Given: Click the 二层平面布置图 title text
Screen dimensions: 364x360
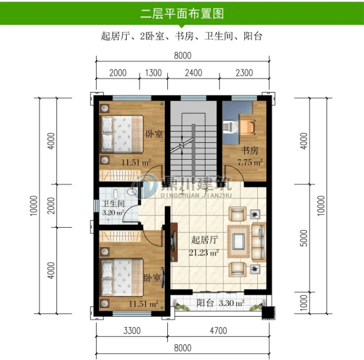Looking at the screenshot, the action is click(182, 14).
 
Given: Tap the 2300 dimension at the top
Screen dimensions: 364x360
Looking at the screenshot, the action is click(244, 73).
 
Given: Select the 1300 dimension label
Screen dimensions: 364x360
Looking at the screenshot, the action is click(153, 73).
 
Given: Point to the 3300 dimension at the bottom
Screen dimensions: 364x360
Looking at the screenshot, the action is click(132, 331).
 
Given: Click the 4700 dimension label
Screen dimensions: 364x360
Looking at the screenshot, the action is click(218, 331).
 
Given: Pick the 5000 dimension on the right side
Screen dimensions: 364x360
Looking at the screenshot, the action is click(304, 238).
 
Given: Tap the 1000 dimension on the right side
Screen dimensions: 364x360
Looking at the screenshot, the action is click(304, 303).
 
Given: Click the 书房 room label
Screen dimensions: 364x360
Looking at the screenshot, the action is click(250, 150).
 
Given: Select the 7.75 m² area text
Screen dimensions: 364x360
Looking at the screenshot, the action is click(250, 162).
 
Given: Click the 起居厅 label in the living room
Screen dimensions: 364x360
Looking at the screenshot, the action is click(204, 240).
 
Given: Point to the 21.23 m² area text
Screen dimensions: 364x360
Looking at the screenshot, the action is click(204, 252).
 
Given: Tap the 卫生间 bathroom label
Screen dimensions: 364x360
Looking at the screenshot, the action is click(113, 204).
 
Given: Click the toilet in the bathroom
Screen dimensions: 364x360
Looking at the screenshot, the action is click(116, 194).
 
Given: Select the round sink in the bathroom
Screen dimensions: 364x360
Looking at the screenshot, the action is click(132, 192).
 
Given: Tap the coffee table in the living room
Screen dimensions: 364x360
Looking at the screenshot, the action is click(239, 241).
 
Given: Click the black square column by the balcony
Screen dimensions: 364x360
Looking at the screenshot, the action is click(268, 312).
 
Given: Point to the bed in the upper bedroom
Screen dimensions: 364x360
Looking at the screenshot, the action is click(121, 134).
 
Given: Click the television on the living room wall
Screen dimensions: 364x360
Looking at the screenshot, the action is click(173, 242).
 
